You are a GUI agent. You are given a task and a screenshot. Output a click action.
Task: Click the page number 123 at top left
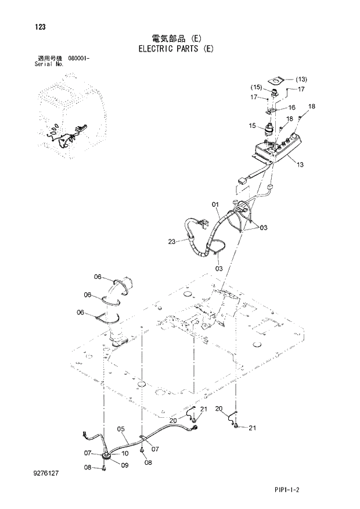pos(40,27)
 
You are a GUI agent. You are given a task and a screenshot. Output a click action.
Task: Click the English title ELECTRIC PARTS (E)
pos(176,49)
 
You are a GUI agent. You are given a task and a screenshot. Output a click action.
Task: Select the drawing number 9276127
pos(47,474)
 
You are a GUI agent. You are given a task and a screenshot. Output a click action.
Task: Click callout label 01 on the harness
pos(215,204)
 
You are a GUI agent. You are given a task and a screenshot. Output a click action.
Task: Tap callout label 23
pos(172,241)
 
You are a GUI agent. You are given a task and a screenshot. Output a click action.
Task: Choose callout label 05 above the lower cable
pos(121,429)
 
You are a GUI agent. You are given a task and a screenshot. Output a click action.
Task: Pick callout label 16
pos(291,107)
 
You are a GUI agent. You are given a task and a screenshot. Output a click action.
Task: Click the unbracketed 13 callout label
pos(300,165)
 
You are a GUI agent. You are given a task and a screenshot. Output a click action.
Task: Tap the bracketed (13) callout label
pos(301,80)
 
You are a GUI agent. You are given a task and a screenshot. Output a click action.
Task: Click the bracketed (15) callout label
pos(256,87)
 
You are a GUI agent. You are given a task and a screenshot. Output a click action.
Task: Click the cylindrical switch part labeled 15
pos(270,129)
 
